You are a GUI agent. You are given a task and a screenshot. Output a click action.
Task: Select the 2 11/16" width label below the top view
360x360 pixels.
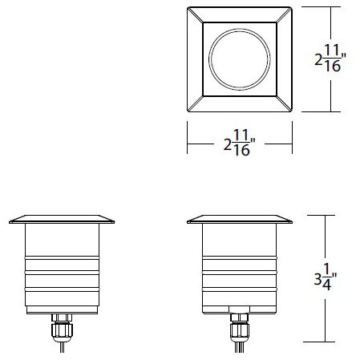pyautogui.click(x=239, y=146)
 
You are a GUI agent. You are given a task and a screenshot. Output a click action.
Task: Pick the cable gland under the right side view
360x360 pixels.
pyautogui.click(x=237, y=327)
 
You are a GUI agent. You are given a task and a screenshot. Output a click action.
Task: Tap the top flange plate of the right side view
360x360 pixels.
pyautogui.click(x=237, y=220)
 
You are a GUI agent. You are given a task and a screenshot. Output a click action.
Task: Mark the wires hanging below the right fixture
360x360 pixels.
pyautogui.click(x=237, y=346)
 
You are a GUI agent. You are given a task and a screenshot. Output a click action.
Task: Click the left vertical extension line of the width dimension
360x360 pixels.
pyautogui.click(x=188, y=137)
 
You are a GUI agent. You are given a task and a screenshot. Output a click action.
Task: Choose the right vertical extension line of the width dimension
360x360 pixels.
pyautogui.click(x=289, y=137)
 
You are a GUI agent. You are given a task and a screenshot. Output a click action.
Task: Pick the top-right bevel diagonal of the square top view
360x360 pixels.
pyautogui.click(x=281, y=15)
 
